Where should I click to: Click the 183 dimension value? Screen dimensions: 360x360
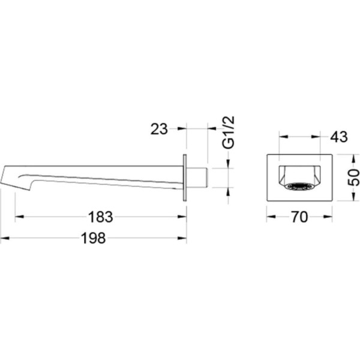[101, 217]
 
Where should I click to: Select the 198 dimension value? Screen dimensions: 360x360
[94, 238]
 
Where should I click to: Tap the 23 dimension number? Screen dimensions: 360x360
[159, 129]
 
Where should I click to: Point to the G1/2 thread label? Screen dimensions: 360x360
[229, 133]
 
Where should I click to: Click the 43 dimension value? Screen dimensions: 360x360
[339, 137]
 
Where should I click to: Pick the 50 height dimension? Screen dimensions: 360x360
[353, 178]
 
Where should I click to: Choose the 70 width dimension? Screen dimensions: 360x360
[299, 217]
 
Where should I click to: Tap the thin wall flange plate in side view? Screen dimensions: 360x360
[185, 178]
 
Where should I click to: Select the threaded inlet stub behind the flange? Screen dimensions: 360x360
[197, 178]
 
